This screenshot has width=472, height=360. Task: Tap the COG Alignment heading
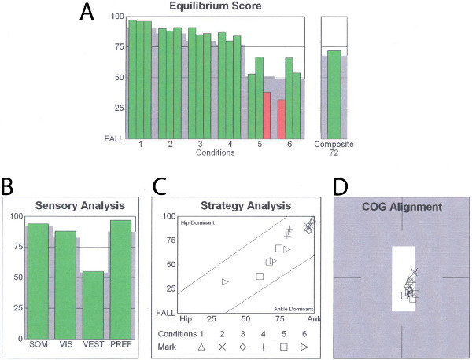point(402,207)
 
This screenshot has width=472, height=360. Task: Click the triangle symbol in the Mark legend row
point(201,347)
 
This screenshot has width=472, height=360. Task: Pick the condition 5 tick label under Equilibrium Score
point(260,145)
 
